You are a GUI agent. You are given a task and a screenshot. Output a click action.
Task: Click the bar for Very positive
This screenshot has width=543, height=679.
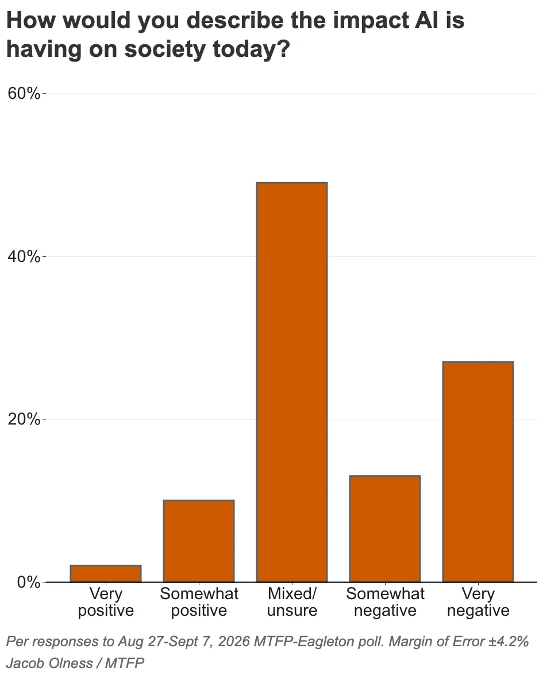coord(106,573)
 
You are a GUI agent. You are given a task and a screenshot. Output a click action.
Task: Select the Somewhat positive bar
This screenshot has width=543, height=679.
coord(199,541)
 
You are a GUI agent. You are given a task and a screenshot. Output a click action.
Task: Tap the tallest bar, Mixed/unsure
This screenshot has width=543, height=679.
coord(292,382)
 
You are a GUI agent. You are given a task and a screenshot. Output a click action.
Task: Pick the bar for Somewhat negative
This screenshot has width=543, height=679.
coord(385,528)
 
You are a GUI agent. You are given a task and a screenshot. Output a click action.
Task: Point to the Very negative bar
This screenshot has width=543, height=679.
coord(478,472)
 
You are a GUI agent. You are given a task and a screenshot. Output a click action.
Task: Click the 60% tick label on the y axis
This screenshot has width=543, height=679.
coord(24,93)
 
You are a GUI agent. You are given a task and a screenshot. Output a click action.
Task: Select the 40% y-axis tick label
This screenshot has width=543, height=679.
coord(24,256)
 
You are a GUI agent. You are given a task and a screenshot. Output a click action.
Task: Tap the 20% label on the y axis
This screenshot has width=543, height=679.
coord(24,419)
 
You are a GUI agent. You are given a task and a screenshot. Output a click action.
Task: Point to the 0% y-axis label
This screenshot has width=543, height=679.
coord(29,582)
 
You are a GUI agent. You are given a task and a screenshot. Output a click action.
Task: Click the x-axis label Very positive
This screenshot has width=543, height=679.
coord(106,602)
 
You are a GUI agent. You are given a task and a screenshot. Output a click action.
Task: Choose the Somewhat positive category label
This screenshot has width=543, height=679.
coord(199,602)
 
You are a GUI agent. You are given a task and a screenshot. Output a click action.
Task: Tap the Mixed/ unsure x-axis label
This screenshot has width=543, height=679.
coord(292,602)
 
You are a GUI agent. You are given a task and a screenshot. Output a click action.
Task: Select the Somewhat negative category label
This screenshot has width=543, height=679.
coord(385,602)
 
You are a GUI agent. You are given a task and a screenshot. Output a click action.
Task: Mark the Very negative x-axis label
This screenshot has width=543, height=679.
coord(478,602)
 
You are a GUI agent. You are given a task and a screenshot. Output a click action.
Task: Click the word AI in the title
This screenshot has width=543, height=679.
coord(426,20)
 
